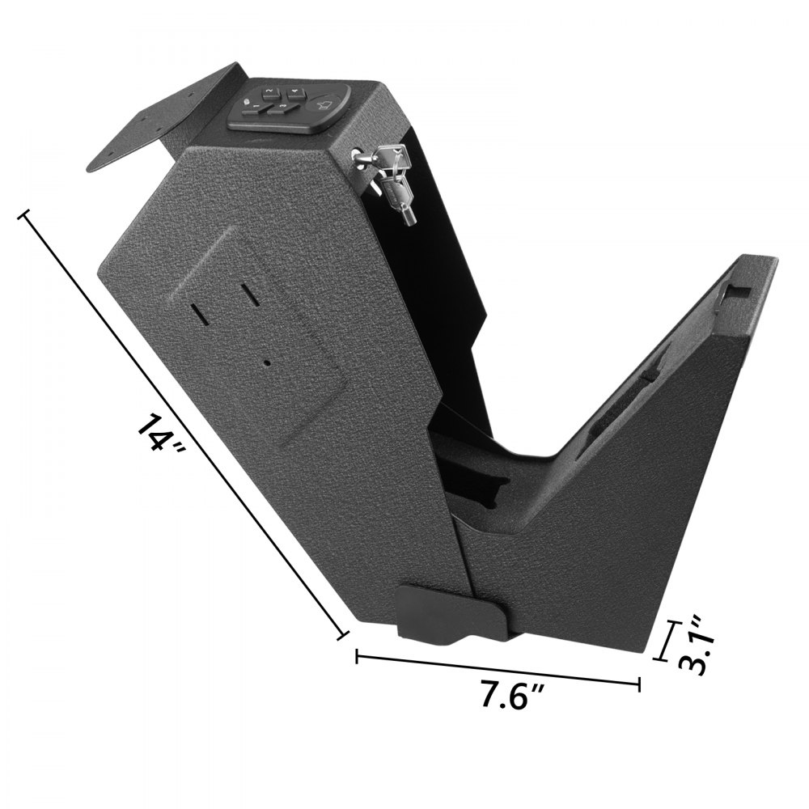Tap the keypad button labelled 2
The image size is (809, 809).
coord(271,92)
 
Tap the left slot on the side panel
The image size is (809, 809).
coord(197,311)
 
